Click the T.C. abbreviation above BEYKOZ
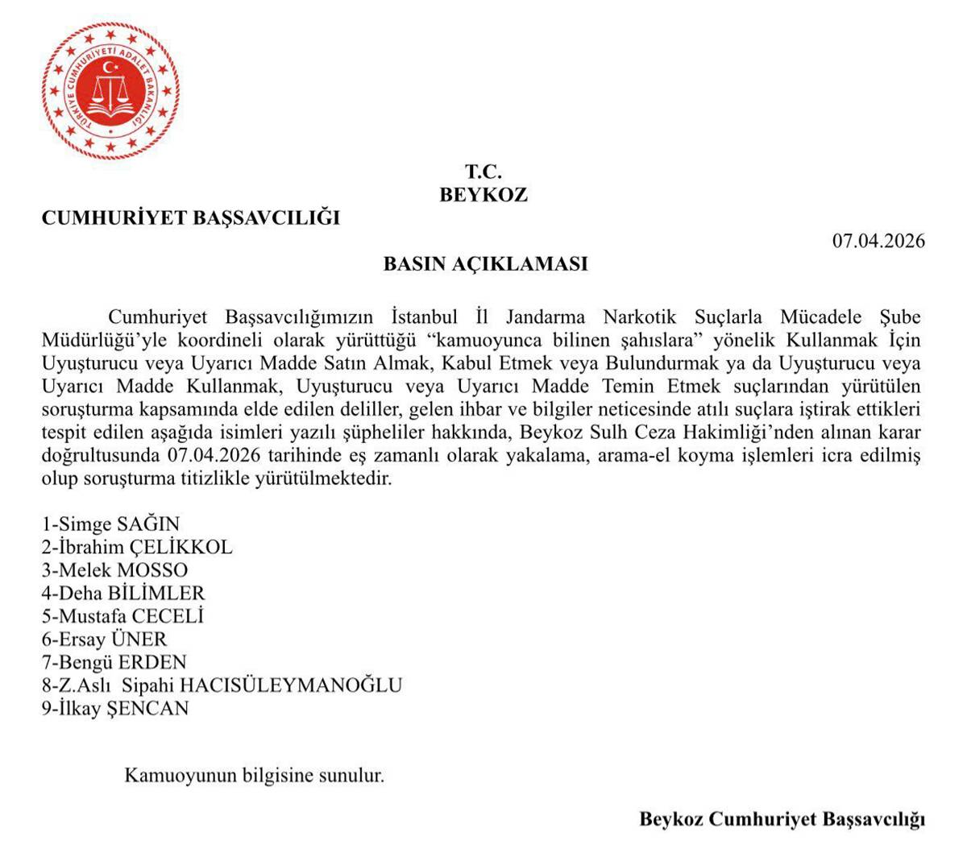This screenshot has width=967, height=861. point(483,172)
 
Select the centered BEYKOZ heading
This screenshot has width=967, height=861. point(483,195)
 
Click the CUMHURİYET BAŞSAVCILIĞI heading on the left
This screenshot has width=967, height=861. point(191,218)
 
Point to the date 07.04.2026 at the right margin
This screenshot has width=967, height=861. point(878,241)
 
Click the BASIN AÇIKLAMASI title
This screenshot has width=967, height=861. point(484,264)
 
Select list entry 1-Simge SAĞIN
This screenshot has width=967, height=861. point(111,524)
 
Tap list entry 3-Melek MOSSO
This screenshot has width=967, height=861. point(115,570)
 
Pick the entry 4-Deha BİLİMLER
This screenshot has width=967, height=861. point(123,594)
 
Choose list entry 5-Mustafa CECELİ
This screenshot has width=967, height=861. point(122,617)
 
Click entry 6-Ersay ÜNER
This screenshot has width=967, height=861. point(105,640)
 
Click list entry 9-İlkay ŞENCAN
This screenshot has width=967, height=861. point(116,709)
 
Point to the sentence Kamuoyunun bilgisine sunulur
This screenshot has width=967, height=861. point(254,776)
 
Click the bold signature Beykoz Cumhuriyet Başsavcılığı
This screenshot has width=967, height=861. point(782,820)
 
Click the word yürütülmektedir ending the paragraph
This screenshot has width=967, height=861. point(323,479)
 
